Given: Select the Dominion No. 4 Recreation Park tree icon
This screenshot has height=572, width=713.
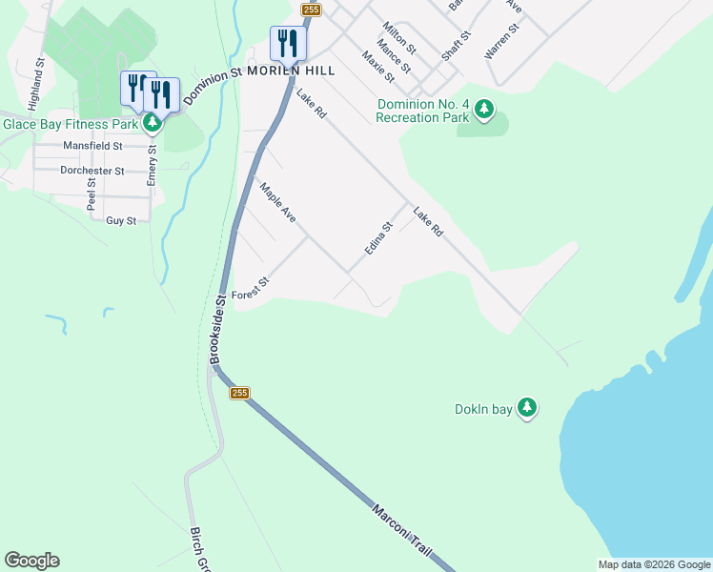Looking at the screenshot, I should pyautogui.click(x=484, y=111).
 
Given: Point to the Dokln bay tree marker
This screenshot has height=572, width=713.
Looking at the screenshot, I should pyautogui.click(x=526, y=409).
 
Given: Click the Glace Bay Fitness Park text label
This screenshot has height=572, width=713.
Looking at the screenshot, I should pyautogui.click(x=71, y=123).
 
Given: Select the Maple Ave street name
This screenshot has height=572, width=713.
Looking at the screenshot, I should pyautogui.click(x=278, y=204).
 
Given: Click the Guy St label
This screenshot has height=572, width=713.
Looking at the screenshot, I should pyautogui.click(x=121, y=220).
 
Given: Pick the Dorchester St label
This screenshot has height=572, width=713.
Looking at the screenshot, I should pyautogui.click(x=92, y=171).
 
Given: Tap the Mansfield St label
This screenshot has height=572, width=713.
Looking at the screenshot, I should pyautogui.click(x=92, y=146).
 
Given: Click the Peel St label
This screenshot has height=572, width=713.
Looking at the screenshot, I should pyautogui.click(x=92, y=194).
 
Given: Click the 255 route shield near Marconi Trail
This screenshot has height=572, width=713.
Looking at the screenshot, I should pyautogui.click(x=238, y=393).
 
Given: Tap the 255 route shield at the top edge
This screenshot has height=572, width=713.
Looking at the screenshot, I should pyautogui.click(x=312, y=10).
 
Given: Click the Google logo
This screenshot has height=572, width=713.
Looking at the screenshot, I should pyautogui.click(x=31, y=561).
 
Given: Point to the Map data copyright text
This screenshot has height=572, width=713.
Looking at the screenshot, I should pyautogui.click(x=653, y=564).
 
